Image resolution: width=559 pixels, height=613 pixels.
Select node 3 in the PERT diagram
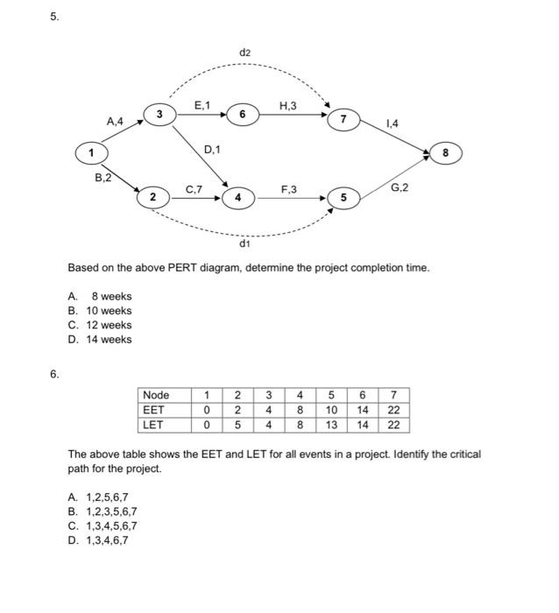click(x=159, y=114)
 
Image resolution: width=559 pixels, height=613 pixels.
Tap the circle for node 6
click(x=243, y=114)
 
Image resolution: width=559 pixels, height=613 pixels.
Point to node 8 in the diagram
click(x=445, y=152)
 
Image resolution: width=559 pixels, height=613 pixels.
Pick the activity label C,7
click(x=194, y=188)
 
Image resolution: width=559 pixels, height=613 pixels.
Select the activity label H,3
click(x=287, y=107)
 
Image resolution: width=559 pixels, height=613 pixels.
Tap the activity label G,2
click(x=399, y=188)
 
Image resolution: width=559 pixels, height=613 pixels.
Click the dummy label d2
click(x=244, y=53)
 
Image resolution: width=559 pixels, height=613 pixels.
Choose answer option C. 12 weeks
click(x=100, y=325)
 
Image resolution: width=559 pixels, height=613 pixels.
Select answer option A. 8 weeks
click(x=100, y=296)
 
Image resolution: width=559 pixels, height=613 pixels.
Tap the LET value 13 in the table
click(x=332, y=425)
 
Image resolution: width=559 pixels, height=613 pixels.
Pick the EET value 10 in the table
click(x=332, y=410)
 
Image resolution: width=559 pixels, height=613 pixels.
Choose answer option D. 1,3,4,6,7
click(x=97, y=540)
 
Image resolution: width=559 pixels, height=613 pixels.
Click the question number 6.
click(x=54, y=374)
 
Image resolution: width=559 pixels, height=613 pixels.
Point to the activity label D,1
click(x=212, y=151)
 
